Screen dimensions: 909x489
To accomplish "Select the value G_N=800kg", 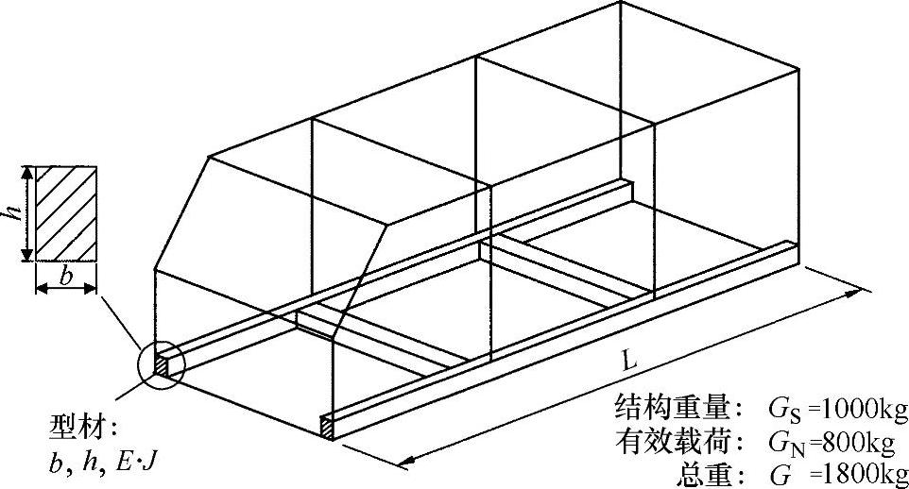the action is (832, 439).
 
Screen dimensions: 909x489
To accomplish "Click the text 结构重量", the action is (673, 409).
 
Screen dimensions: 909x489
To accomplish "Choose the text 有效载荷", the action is (673, 439).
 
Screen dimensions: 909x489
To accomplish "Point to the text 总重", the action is (704, 470).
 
